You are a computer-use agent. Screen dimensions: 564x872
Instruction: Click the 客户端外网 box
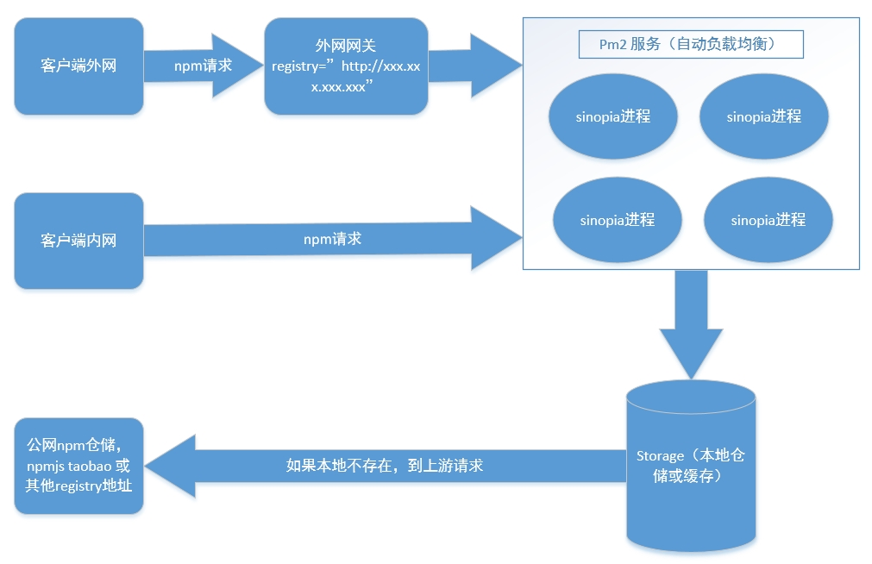click(78, 66)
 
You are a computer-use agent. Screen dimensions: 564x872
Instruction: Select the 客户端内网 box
click(78, 241)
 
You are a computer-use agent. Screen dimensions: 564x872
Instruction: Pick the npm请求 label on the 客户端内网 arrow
click(332, 239)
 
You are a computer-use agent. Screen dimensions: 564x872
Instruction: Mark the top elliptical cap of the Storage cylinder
click(691, 399)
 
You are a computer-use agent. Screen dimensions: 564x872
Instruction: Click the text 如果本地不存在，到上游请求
click(385, 466)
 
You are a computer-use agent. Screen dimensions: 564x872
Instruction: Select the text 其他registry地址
click(78, 486)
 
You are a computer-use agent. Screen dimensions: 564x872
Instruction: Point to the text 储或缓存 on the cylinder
click(690, 475)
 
